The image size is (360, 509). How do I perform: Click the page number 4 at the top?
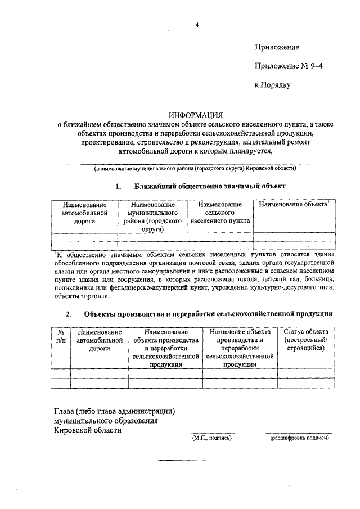197,25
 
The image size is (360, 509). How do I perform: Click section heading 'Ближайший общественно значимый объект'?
210,186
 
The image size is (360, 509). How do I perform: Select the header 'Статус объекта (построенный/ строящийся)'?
305,341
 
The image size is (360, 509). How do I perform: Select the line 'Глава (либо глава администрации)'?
114,411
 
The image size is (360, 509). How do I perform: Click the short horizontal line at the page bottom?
185,461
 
